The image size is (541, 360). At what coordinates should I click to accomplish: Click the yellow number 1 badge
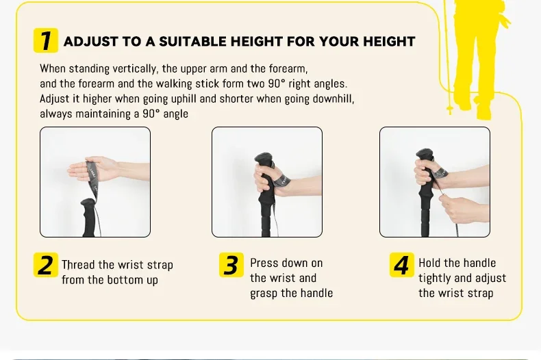(x=46, y=40)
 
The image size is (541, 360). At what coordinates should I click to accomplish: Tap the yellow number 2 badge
(x=46, y=265)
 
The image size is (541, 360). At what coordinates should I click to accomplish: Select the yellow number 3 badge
(x=231, y=265)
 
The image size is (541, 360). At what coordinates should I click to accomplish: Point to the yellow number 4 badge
(x=402, y=265)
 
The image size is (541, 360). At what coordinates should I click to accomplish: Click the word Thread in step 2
(x=78, y=265)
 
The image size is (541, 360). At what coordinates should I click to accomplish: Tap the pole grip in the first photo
(x=88, y=217)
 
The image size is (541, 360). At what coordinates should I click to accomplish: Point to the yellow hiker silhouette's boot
(x=484, y=112)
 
